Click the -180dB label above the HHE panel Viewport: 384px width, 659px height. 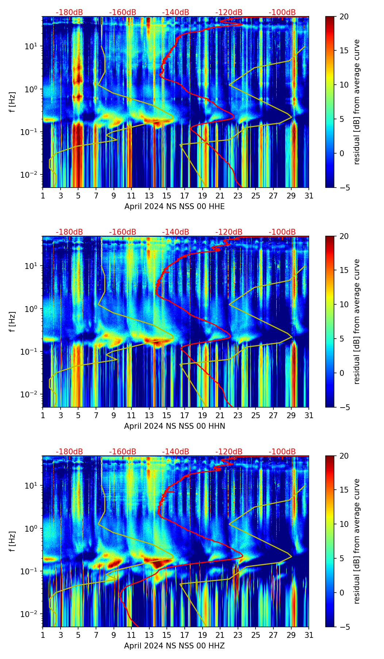[69, 12]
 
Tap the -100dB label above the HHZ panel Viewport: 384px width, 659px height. [282, 452]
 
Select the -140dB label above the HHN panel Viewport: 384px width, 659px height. [176, 232]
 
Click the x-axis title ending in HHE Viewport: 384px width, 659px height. [174, 207]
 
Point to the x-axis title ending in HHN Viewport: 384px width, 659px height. [174, 426]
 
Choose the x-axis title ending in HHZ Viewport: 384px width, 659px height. [174, 646]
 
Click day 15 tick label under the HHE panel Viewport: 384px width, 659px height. [167, 196]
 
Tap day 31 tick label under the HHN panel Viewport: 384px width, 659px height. [309, 416]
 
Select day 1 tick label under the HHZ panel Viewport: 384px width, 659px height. [43, 635]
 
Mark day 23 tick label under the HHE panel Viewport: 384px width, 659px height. [238, 196]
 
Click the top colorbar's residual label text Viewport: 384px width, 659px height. [357, 102]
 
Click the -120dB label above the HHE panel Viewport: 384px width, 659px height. [229, 12]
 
